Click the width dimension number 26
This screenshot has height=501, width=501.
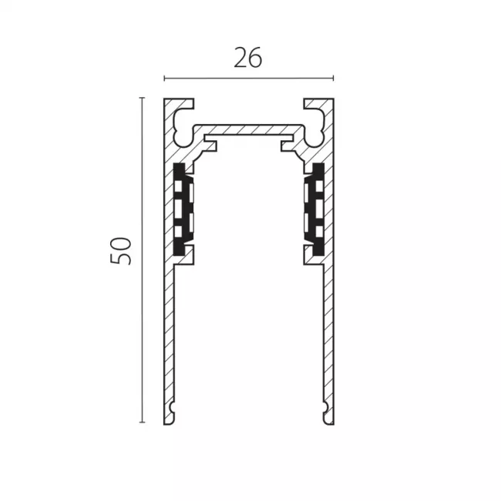[248, 58]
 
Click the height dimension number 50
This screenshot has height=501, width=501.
[121, 250]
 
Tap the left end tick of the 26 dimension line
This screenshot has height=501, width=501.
[164, 79]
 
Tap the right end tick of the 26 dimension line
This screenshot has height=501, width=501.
[333, 79]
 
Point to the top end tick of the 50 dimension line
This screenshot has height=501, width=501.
[142, 98]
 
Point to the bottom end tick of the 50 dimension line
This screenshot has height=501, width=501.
[142, 422]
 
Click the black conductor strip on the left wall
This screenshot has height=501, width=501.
[183, 210]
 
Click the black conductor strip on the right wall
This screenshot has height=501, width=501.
[314, 210]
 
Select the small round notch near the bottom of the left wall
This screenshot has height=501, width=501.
[173, 408]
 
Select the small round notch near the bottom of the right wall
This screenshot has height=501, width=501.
[324, 408]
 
